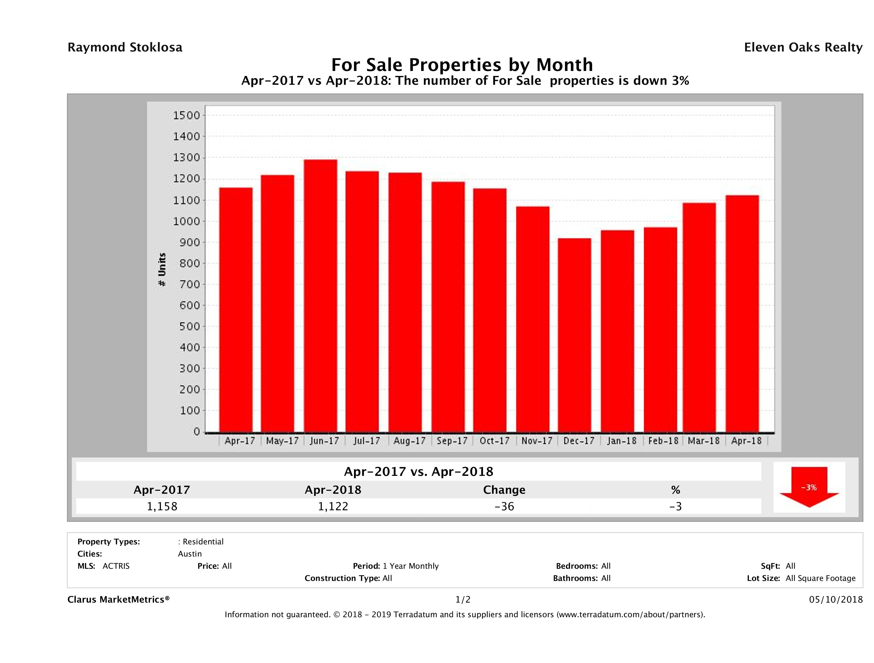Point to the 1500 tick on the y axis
pyautogui.click(x=187, y=115)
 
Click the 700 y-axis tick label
pyautogui.click(x=190, y=284)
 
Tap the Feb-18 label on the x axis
pyautogui.click(x=663, y=441)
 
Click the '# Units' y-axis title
pyautogui.click(x=162, y=269)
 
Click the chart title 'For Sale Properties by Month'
pyautogui.click(x=462, y=64)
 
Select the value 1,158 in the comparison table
pyautogui.click(x=162, y=506)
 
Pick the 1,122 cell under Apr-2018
pyautogui.click(x=333, y=506)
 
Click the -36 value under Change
pyautogui.click(x=504, y=506)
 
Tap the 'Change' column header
pyautogui.click(x=504, y=490)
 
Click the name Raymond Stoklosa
pyautogui.click(x=125, y=47)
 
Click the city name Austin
pyautogui.click(x=190, y=554)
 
